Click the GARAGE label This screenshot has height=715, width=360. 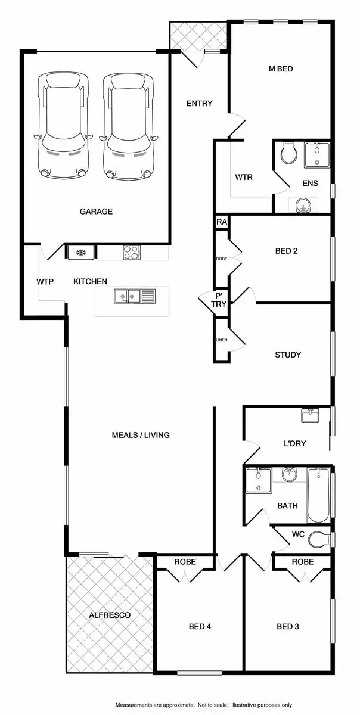(96, 212)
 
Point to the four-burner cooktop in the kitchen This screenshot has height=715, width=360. (131, 253)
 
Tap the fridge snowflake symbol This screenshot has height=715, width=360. (80, 253)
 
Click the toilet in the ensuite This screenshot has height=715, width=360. (288, 153)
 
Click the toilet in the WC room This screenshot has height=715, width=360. (321, 538)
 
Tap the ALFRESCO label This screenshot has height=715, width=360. (109, 615)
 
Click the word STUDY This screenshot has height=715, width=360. (288, 355)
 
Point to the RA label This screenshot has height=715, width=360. (222, 222)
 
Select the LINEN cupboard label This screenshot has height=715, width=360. (222, 340)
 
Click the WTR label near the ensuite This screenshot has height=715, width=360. (244, 177)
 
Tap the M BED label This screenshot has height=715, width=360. (281, 69)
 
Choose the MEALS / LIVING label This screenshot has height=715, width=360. (141, 435)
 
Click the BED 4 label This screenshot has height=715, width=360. (200, 626)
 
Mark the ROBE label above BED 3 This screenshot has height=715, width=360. (303, 562)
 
